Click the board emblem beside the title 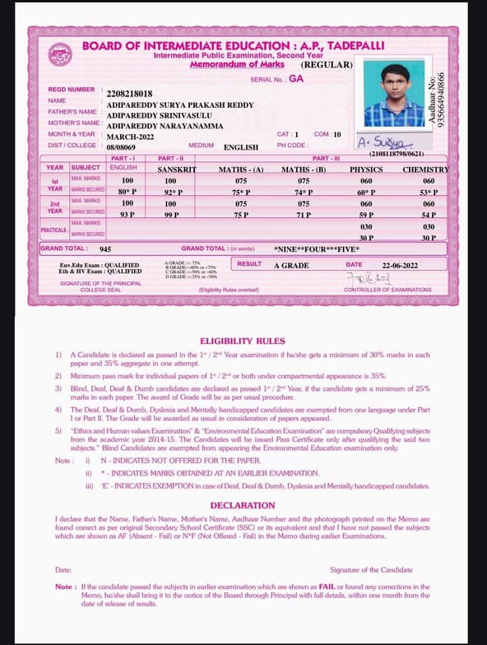pyautogui.click(x=59, y=54)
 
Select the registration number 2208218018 pyautogui.click(x=130, y=95)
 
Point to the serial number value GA pyautogui.click(x=296, y=79)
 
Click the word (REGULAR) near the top pyautogui.click(x=327, y=64)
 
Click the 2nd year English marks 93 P pyautogui.click(x=127, y=215)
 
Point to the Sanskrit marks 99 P pyautogui.click(x=171, y=215)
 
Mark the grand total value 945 pyautogui.click(x=105, y=248)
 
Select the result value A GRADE pyautogui.click(x=291, y=265)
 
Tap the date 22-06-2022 pyautogui.click(x=400, y=265)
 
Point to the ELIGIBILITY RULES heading pyautogui.click(x=243, y=341)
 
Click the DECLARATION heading pyautogui.click(x=243, y=505)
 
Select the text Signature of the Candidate pyautogui.click(x=371, y=570)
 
